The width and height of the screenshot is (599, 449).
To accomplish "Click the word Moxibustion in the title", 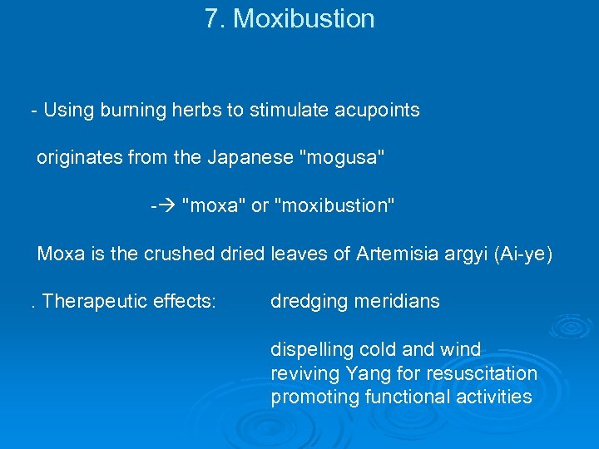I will [304, 19].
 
